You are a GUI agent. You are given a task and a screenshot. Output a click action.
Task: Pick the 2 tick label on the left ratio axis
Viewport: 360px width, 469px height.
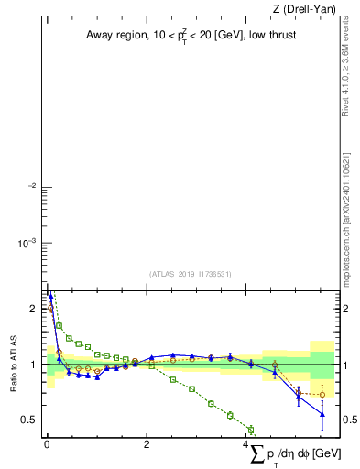(33, 308)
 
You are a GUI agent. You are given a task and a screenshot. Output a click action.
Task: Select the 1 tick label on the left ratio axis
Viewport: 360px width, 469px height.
(33, 365)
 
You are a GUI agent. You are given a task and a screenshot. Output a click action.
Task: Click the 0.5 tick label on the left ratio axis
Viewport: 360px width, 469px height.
(29, 420)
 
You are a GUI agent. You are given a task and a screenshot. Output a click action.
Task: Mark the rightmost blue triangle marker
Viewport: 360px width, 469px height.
(322, 415)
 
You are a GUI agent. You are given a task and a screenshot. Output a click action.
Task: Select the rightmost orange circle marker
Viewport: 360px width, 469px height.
(322, 395)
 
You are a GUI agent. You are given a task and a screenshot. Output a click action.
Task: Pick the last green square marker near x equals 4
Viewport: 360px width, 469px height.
(251, 429)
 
